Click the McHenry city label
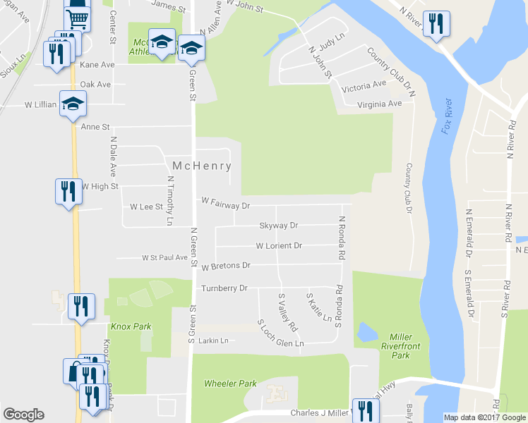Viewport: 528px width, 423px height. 202,166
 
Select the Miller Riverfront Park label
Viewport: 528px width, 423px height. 400,345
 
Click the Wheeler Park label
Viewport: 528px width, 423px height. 230,384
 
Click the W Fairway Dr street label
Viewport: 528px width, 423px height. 226,205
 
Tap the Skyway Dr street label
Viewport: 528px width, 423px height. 279,226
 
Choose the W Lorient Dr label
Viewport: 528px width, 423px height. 279,246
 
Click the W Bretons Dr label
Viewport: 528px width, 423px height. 226,266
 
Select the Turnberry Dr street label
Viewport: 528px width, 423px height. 224,288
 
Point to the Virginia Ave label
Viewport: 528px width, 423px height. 380,103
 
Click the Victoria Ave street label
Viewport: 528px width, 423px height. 364,87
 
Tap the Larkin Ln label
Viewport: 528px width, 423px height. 214,341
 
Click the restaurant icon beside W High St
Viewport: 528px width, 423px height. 68,192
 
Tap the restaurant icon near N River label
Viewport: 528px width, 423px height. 436,23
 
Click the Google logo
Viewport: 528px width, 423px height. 23,415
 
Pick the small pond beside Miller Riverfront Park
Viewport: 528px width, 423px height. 366,331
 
